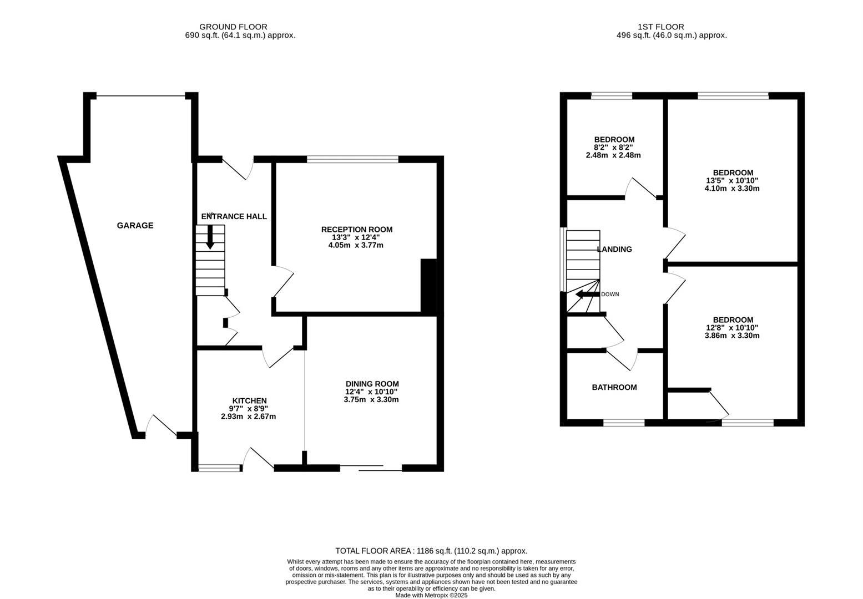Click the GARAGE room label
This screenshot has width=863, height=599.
135,226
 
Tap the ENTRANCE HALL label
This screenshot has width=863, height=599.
234,217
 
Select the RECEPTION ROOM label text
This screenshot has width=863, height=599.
357,230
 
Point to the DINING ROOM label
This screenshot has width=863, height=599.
372,384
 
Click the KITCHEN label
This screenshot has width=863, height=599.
249,401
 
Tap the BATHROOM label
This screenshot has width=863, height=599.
614,387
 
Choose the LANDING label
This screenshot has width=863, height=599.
614,250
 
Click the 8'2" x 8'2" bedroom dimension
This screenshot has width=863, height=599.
613,148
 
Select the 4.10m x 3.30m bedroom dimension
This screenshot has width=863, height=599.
732,189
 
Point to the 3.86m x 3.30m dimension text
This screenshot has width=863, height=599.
732,336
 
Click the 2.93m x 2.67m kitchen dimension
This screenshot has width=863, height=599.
249,417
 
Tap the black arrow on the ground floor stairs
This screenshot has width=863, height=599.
210,237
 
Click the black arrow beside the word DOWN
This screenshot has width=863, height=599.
588,295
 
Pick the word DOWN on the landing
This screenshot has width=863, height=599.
610,295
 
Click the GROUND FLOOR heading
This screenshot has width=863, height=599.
233,27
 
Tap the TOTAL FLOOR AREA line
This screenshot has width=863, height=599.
431,551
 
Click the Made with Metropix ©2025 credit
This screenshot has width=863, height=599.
432,595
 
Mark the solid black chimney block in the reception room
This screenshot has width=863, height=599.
428,287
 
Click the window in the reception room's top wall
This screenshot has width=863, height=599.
352,159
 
